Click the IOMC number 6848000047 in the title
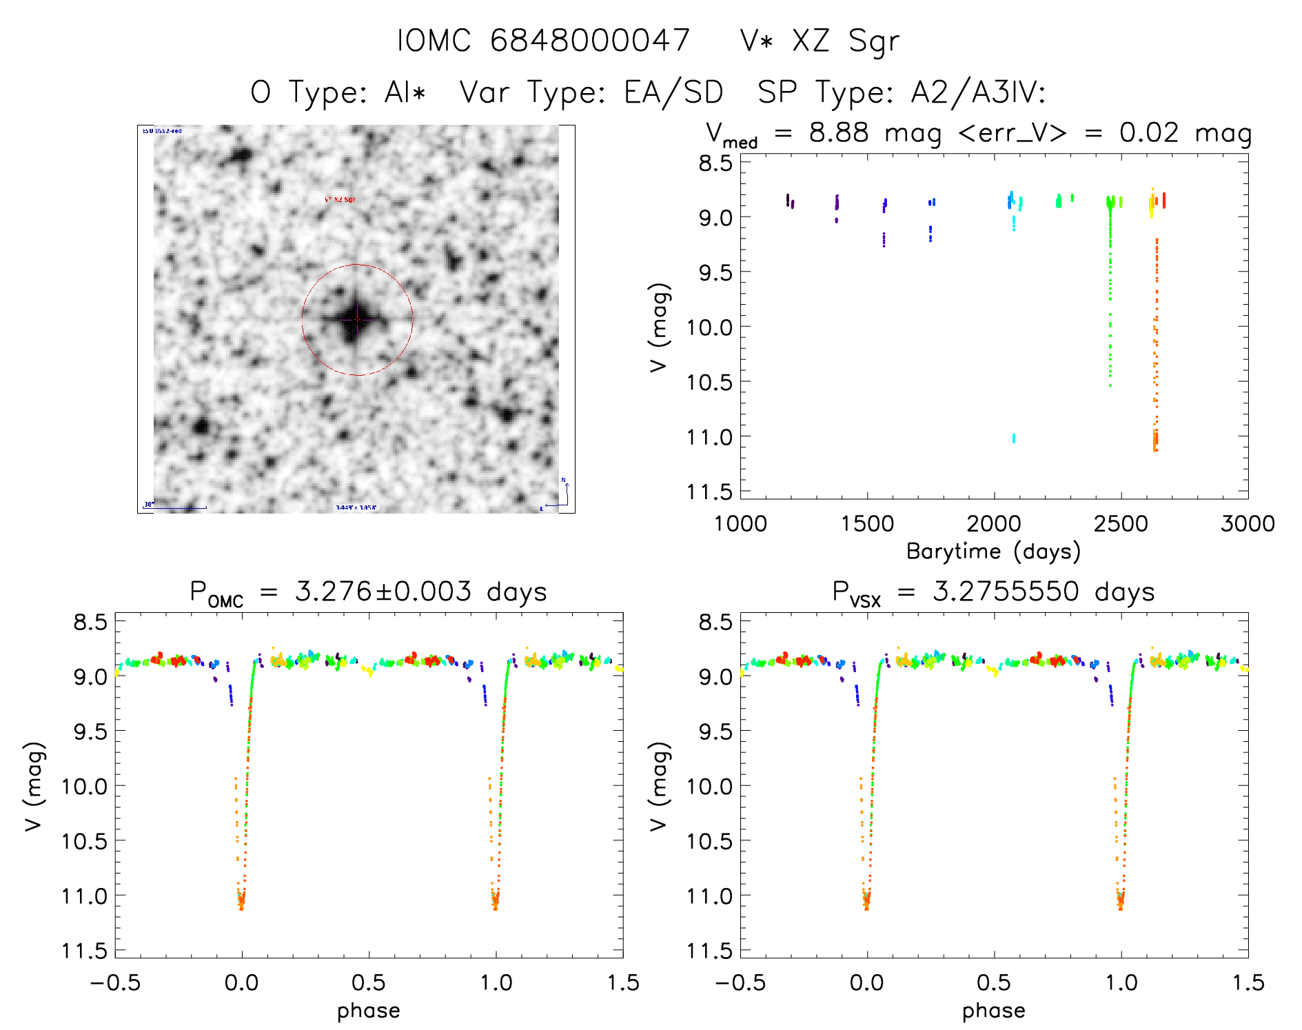click(590, 41)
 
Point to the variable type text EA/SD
click(673, 92)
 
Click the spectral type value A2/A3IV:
click(978, 92)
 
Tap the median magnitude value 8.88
click(839, 132)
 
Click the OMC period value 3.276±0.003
click(383, 592)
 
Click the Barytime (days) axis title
click(993, 552)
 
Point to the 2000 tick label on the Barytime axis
click(993, 524)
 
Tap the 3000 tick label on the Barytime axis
click(1248, 524)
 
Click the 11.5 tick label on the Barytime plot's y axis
click(709, 492)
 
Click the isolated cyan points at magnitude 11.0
click(1013, 438)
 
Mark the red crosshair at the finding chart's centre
click(357, 319)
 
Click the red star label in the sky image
click(340, 200)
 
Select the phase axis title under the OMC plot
click(369, 1011)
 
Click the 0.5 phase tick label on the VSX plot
click(994, 983)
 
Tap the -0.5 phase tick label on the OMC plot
click(115, 983)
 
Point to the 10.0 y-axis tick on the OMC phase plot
click(85, 786)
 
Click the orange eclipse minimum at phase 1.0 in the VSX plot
click(1120, 900)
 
